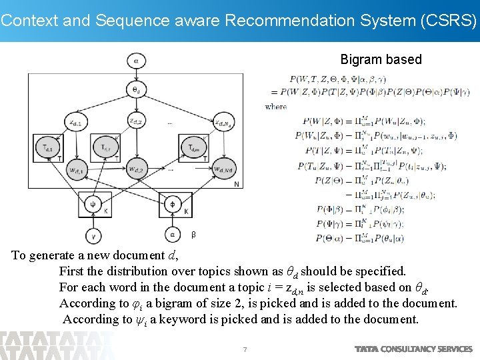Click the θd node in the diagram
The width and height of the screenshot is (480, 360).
pyautogui.click(x=137, y=89)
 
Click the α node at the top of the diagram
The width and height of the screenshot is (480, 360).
pyautogui.click(x=137, y=60)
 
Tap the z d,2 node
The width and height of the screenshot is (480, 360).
pyautogui.click(x=137, y=121)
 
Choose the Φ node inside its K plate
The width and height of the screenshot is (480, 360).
pyautogui.click(x=172, y=203)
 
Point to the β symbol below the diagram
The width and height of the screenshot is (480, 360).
pyautogui.click(x=193, y=235)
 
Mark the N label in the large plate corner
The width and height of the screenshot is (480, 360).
pyautogui.click(x=237, y=184)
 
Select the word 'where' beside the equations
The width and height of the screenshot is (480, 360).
pyautogui.click(x=276, y=106)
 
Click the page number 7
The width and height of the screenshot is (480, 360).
pyautogui.click(x=245, y=349)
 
